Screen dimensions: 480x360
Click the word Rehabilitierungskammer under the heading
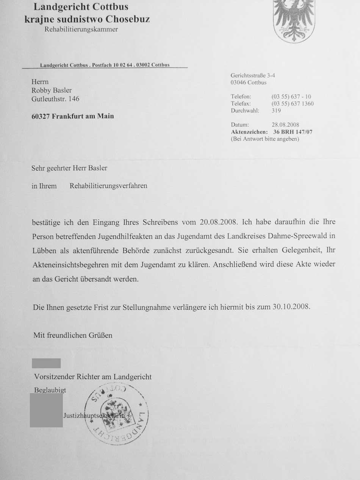click(81, 30)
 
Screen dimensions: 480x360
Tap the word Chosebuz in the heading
click(128, 19)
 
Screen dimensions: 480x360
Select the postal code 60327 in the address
click(41, 116)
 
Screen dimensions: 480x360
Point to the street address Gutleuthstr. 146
click(55, 99)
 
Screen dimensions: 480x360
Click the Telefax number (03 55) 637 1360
click(293, 104)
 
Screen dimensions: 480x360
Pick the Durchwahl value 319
click(276, 111)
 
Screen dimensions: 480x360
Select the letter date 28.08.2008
click(285, 125)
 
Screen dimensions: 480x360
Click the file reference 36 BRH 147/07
click(290, 132)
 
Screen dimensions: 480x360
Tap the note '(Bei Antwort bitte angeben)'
click(265, 139)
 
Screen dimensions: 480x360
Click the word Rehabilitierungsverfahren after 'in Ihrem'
click(108, 186)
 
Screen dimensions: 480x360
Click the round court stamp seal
click(116, 414)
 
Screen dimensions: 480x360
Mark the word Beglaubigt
click(50, 390)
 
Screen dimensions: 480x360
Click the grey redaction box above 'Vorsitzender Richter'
click(46, 363)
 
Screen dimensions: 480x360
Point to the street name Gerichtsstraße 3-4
click(253, 75)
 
